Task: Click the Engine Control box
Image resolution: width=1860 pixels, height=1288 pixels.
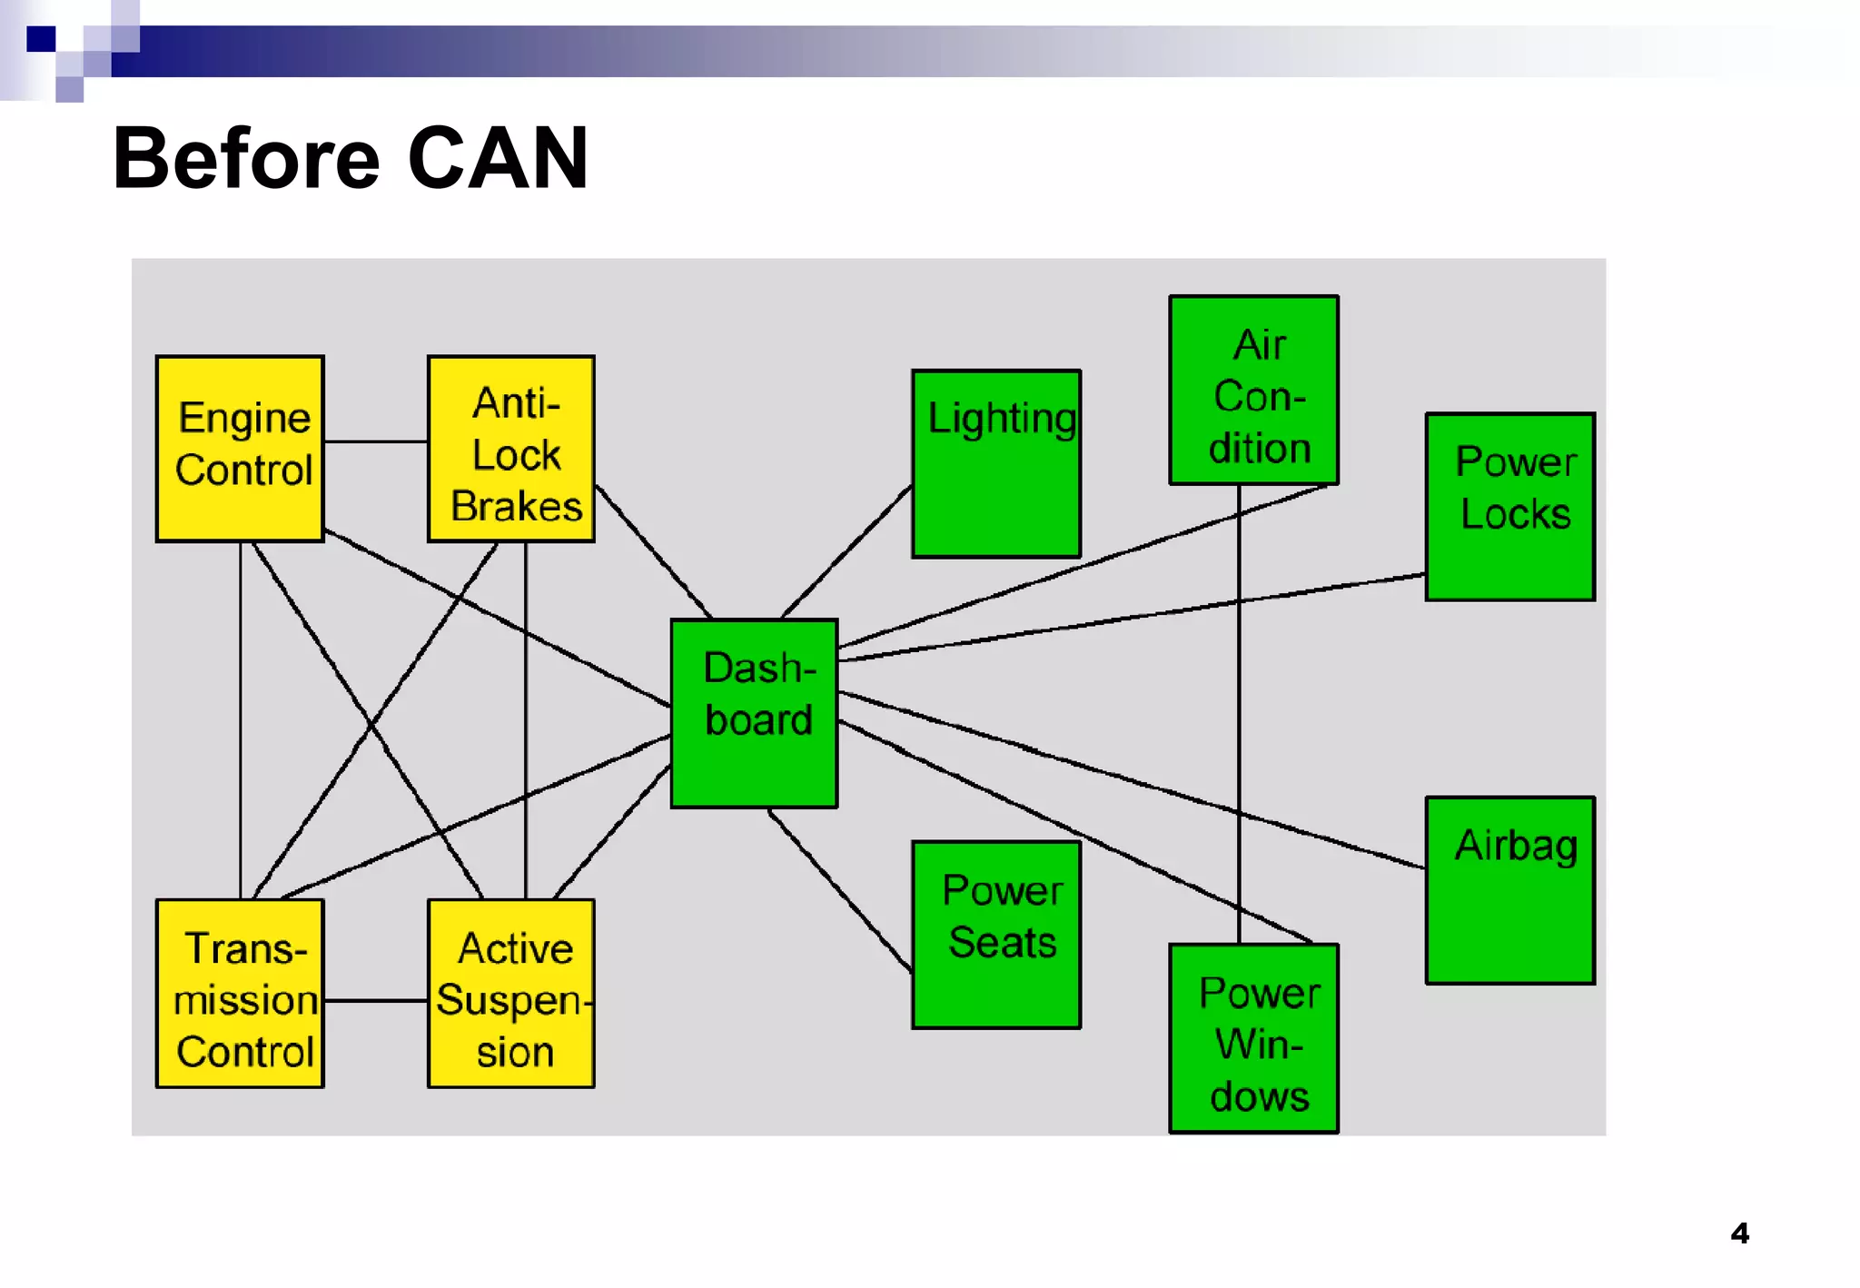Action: pyautogui.click(x=240, y=449)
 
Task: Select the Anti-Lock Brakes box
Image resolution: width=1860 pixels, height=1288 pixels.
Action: pyautogui.click(x=511, y=449)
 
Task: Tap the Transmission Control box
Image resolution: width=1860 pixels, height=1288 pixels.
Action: pyautogui.click(x=240, y=993)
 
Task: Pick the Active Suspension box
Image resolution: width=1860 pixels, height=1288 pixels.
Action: pyautogui.click(x=511, y=993)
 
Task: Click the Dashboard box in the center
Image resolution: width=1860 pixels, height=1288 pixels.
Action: pyautogui.click(x=754, y=713)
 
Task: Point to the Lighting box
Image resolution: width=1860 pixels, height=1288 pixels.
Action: pyautogui.click(x=996, y=463)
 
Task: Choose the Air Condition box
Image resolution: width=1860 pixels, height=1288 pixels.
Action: pyautogui.click(x=1253, y=390)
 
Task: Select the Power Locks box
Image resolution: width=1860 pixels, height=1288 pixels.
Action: pyautogui.click(x=1509, y=506)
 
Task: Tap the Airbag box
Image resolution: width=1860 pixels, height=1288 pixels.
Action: pyautogui.click(x=1509, y=890)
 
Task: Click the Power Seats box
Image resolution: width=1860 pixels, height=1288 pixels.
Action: pyautogui.click(x=996, y=935)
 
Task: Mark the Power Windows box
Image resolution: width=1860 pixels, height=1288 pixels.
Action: pyautogui.click(x=1253, y=1038)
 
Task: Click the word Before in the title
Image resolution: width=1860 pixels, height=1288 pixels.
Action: pyautogui.click(x=245, y=159)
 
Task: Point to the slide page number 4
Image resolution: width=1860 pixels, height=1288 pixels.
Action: pyautogui.click(x=1739, y=1233)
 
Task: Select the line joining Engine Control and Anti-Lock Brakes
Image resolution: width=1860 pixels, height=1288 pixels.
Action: pyautogui.click(x=375, y=441)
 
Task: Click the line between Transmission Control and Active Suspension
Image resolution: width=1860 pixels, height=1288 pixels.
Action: pyautogui.click(x=375, y=1000)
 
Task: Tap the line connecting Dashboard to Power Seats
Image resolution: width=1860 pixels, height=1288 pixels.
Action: pyautogui.click(x=840, y=890)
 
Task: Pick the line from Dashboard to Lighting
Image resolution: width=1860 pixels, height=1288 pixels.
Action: pyautogui.click(x=846, y=551)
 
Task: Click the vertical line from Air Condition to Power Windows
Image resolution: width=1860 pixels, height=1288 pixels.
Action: pyautogui.click(x=1239, y=727)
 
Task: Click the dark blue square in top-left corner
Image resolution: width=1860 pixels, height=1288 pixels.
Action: pyautogui.click(x=41, y=39)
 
